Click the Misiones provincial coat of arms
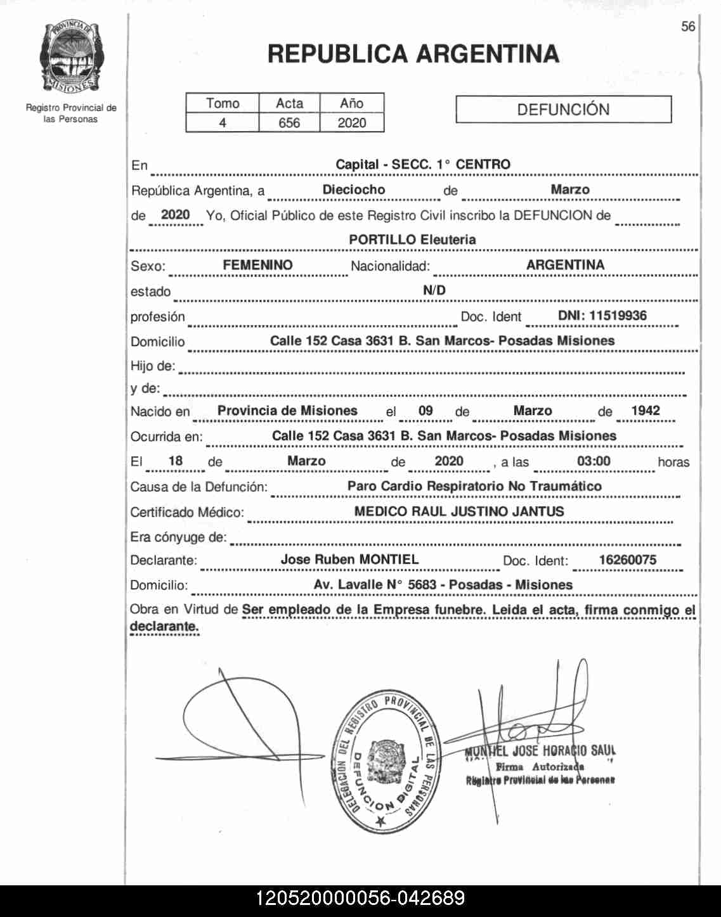[71, 57]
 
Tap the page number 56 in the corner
[688, 27]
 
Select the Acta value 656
[289, 123]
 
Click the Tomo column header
[223, 103]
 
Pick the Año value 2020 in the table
[352, 123]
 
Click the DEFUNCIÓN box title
[563, 110]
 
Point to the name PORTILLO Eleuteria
[412, 240]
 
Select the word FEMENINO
[257, 265]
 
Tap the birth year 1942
[646, 411]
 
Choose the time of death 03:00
[594, 461]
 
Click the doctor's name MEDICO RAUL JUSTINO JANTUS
[458, 511]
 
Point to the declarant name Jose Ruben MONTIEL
[349, 560]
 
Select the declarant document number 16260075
[627, 560]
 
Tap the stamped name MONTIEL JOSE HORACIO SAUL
[540, 752]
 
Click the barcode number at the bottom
[360, 899]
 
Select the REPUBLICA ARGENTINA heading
[413, 54]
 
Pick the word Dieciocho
[353, 189]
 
